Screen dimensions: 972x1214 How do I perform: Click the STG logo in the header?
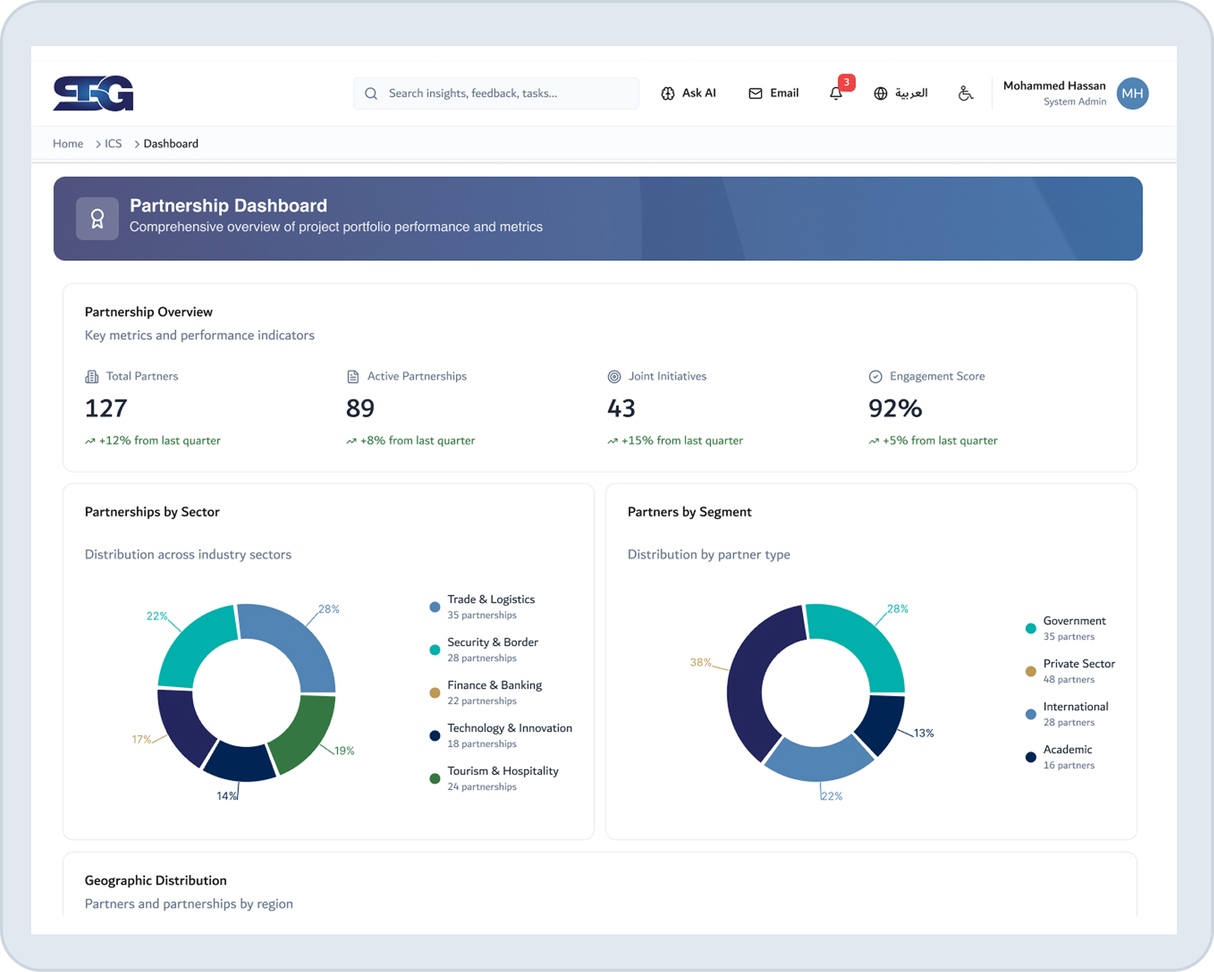[x=93, y=93]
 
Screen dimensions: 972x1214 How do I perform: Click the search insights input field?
[x=495, y=94]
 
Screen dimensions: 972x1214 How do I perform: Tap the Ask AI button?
[x=688, y=93]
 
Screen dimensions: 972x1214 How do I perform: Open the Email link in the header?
[x=774, y=93]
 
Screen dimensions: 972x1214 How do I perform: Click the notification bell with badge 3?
[x=837, y=93]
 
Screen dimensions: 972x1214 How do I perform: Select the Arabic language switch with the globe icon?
[x=901, y=93]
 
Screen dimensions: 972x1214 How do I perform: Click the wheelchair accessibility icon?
[x=966, y=93]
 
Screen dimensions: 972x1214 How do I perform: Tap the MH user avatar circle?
[x=1132, y=94]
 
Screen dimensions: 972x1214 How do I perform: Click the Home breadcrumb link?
[x=68, y=144]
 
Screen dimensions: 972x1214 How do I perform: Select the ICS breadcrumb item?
[x=113, y=144]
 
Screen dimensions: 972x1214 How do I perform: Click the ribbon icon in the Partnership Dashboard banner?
[x=97, y=219]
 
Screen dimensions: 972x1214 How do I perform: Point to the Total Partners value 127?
[x=106, y=408]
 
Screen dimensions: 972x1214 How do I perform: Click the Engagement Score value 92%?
[x=895, y=408]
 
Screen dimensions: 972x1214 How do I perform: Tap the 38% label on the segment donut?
[x=700, y=662]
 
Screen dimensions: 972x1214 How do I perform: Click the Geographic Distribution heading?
[x=155, y=881]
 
